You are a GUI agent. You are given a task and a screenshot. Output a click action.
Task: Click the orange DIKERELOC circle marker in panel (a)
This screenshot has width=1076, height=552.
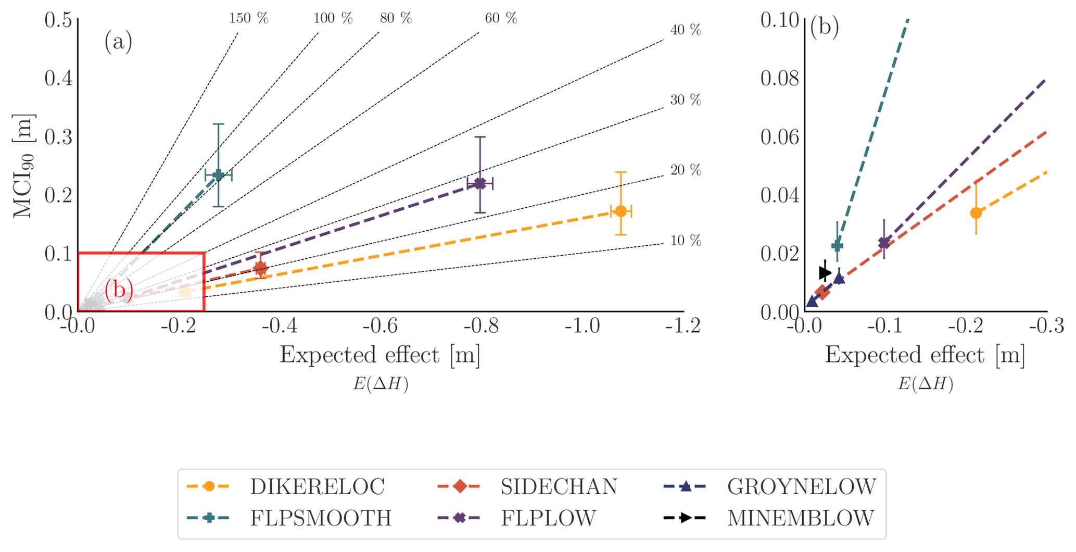[621, 211]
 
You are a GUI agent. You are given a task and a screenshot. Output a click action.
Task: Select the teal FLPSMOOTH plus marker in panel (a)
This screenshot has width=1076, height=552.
[219, 174]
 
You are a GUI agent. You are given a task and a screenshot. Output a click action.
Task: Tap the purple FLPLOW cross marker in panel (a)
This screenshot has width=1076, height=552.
[480, 183]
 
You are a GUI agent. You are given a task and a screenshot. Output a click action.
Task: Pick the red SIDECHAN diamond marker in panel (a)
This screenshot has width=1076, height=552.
[261, 268]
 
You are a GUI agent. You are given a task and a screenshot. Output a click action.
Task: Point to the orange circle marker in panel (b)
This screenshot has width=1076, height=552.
[976, 212]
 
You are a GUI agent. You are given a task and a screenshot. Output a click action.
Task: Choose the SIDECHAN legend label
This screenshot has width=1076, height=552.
[559, 487]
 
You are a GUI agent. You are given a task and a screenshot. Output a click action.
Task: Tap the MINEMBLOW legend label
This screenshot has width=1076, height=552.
[801, 518]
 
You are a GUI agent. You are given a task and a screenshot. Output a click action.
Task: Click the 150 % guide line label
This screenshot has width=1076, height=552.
[248, 18]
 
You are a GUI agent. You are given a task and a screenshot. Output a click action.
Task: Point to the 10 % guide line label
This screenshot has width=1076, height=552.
[686, 241]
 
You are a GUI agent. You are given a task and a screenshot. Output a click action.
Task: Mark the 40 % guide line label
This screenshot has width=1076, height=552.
[686, 30]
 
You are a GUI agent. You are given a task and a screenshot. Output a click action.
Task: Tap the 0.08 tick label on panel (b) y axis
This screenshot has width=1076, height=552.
[779, 79]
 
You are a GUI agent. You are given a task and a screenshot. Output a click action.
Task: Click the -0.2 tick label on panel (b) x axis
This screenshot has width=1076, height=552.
[969, 327]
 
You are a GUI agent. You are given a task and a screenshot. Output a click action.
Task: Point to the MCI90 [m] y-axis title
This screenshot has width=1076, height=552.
[23, 166]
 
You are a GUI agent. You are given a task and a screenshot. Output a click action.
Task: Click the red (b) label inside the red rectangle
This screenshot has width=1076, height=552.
[119, 290]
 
